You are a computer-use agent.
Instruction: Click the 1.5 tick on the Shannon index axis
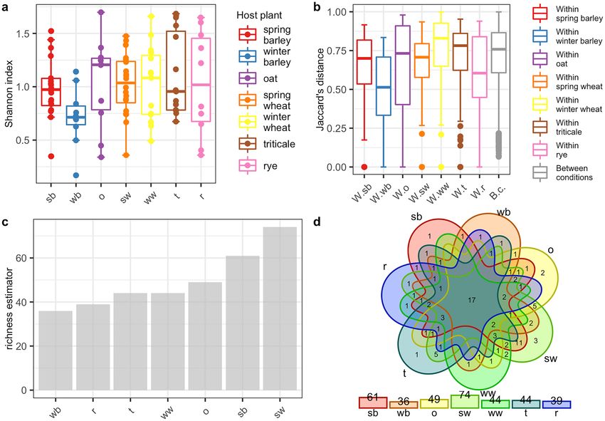pos(27,33)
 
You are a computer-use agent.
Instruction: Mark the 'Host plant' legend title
pos(262,15)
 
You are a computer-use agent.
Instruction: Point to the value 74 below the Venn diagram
pos(464,395)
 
